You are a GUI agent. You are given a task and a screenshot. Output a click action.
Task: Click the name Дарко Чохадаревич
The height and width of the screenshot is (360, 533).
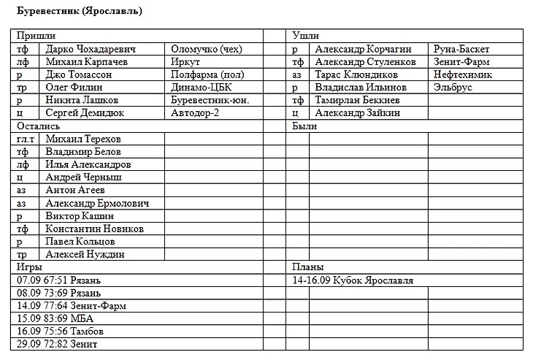tap(91, 49)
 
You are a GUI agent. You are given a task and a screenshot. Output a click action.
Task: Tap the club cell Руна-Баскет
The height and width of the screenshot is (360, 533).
tap(461, 49)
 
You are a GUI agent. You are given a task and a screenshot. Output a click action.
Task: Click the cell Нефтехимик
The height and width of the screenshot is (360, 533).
tap(462, 74)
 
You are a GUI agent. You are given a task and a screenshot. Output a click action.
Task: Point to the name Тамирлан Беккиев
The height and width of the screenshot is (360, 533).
tap(357, 100)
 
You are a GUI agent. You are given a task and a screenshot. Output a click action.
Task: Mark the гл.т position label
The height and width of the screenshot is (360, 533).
tap(26, 139)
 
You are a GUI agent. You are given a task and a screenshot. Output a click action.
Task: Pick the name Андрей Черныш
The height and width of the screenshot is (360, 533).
tap(83, 177)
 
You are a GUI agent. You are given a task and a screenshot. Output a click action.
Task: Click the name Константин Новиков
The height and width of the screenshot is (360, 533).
tap(94, 229)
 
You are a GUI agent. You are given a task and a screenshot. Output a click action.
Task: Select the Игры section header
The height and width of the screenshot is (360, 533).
tap(31, 267)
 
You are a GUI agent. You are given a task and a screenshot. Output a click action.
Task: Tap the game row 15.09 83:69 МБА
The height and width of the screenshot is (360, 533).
tap(55, 318)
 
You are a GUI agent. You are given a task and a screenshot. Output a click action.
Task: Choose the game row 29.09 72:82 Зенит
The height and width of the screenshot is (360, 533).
tap(57, 344)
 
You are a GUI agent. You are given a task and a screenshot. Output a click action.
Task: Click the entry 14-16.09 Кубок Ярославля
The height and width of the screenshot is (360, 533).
tap(353, 280)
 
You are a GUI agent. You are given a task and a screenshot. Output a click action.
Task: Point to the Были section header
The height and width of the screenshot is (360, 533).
tap(304, 126)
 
